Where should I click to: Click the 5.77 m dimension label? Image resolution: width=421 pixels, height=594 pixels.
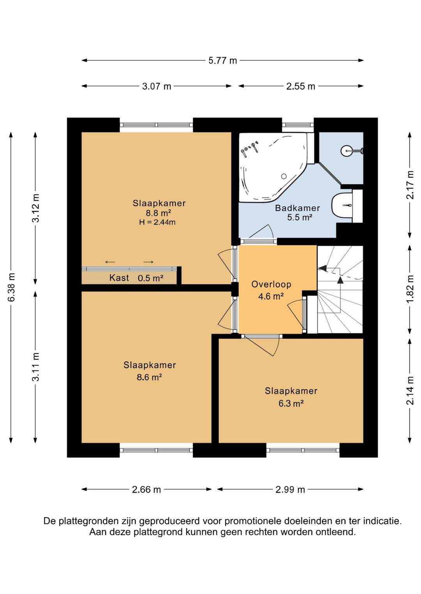click(x=222, y=60)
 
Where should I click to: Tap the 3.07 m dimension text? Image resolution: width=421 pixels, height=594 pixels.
click(x=156, y=86)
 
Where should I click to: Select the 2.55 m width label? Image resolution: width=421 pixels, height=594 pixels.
click(x=301, y=86)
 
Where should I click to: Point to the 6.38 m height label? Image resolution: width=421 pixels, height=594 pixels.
click(x=11, y=287)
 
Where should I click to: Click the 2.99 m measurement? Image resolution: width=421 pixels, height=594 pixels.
click(x=290, y=489)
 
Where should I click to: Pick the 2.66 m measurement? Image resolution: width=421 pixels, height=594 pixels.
click(x=146, y=489)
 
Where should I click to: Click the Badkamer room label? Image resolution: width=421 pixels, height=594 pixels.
click(x=297, y=208)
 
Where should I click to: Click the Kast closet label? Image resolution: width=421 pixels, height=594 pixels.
click(x=119, y=278)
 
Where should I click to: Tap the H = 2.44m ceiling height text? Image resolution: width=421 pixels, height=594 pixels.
click(x=157, y=222)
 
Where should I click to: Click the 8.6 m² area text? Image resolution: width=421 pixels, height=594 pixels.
click(x=149, y=377)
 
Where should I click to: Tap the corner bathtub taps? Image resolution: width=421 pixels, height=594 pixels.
click(x=250, y=148)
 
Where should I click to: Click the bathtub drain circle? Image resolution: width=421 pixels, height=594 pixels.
click(x=284, y=176)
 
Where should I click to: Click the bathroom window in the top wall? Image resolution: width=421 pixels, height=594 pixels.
click(x=298, y=125)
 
